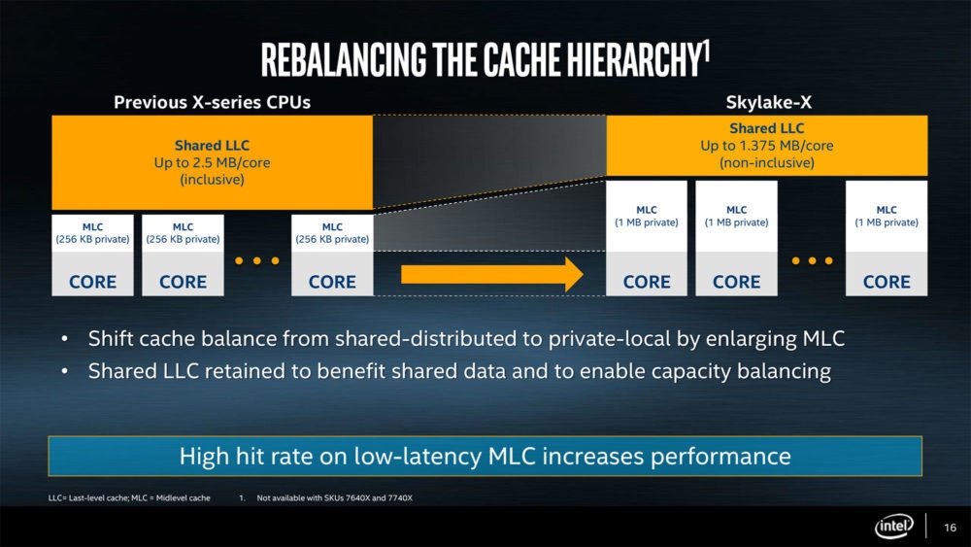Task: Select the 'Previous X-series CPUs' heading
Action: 212,101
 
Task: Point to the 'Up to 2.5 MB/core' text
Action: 212,162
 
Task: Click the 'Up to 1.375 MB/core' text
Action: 766,145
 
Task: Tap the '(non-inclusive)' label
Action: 766,162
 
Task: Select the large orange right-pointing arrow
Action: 491,274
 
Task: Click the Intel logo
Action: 893,527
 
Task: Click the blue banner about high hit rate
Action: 485,456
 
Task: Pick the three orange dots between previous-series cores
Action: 257,260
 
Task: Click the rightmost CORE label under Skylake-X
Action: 887,282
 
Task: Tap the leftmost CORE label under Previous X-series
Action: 93,282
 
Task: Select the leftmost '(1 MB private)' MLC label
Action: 647,222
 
